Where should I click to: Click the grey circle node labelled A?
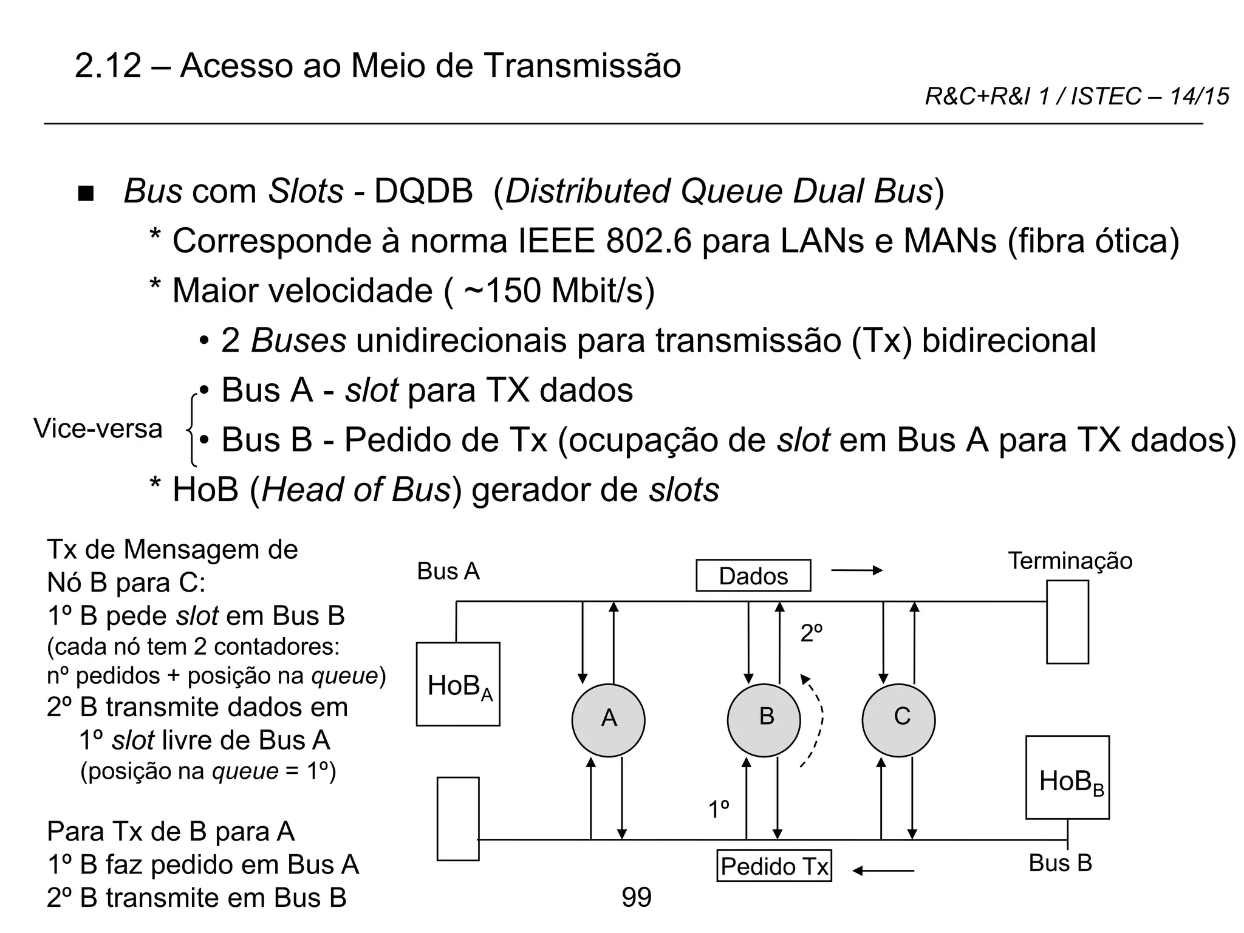[x=608, y=720]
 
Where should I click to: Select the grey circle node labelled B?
[x=764, y=720]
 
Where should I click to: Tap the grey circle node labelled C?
[x=898, y=720]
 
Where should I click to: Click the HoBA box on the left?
[x=458, y=684]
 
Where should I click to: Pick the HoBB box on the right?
[x=1067, y=777]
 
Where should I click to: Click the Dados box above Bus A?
[x=753, y=575]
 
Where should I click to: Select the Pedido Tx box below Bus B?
[x=774, y=866]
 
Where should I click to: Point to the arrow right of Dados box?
[x=856, y=570]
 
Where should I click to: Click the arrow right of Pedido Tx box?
[x=883, y=871]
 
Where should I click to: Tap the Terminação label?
[x=1070, y=561]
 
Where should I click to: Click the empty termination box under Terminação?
[x=1067, y=622]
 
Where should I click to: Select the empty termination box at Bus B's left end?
[x=458, y=819]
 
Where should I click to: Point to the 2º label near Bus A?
[x=812, y=634]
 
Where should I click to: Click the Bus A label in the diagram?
[x=448, y=572]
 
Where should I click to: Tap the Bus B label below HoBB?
[x=1060, y=863]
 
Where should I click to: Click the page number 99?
[x=637, y=897]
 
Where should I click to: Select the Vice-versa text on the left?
[x=98, y=429]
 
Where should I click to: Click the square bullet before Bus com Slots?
[x=87, y=194]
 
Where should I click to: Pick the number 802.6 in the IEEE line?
[x=649, y=241]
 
